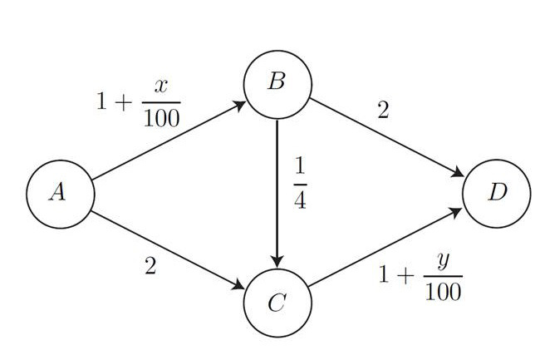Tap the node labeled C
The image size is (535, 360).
[x=277, y=303]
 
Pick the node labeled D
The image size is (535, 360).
[x=497, y=194]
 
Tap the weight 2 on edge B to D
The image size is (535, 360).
[x=383, y=111]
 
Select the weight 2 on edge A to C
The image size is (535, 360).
[x=150, y=268]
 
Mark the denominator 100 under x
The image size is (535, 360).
[x=161, y=119]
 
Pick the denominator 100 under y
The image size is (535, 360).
[x=443, y=293]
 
